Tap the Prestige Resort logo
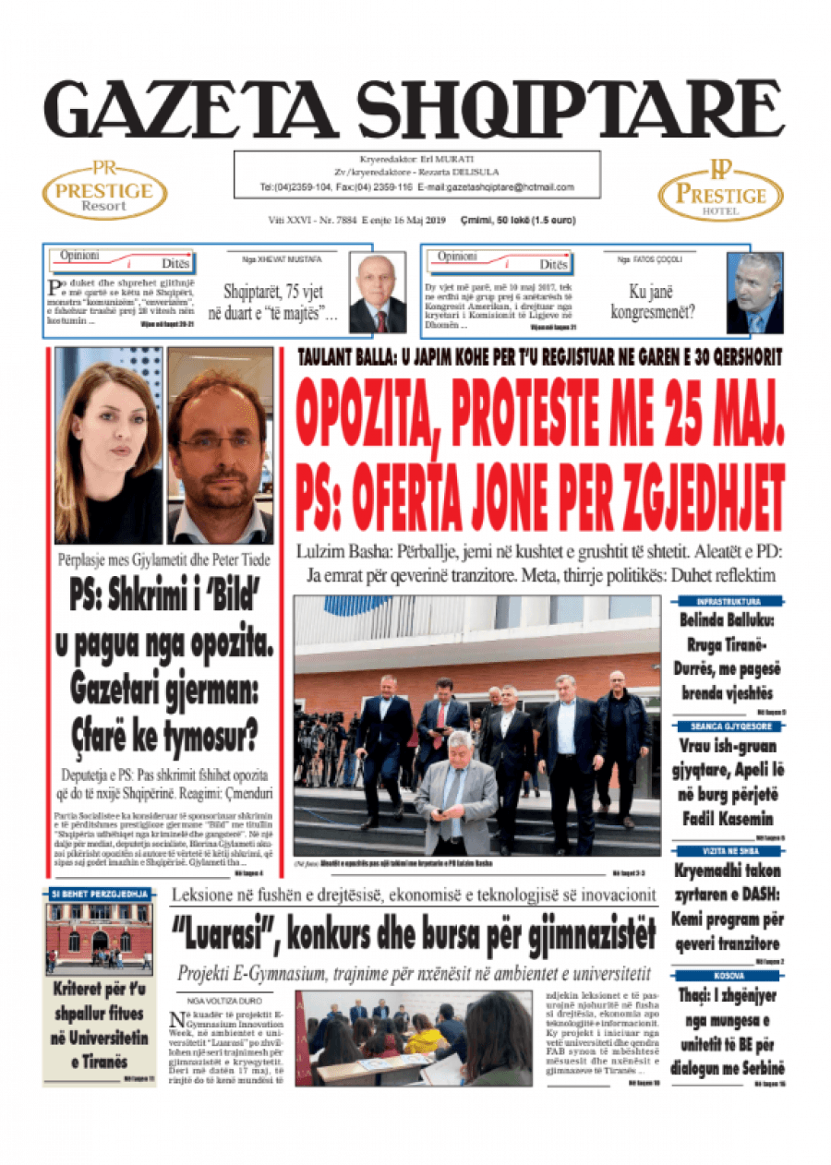(104, 191)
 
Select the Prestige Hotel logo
(720, 191)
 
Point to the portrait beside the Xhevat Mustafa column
(379, 294)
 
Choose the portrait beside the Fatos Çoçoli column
(754, 293)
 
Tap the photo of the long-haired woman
(108, 446)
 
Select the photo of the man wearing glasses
(220, 446)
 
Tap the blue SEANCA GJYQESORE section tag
(729, 727)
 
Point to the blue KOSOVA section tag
(729, 976)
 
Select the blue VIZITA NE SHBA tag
(729, 851)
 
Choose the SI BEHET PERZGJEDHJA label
(100, 895)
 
